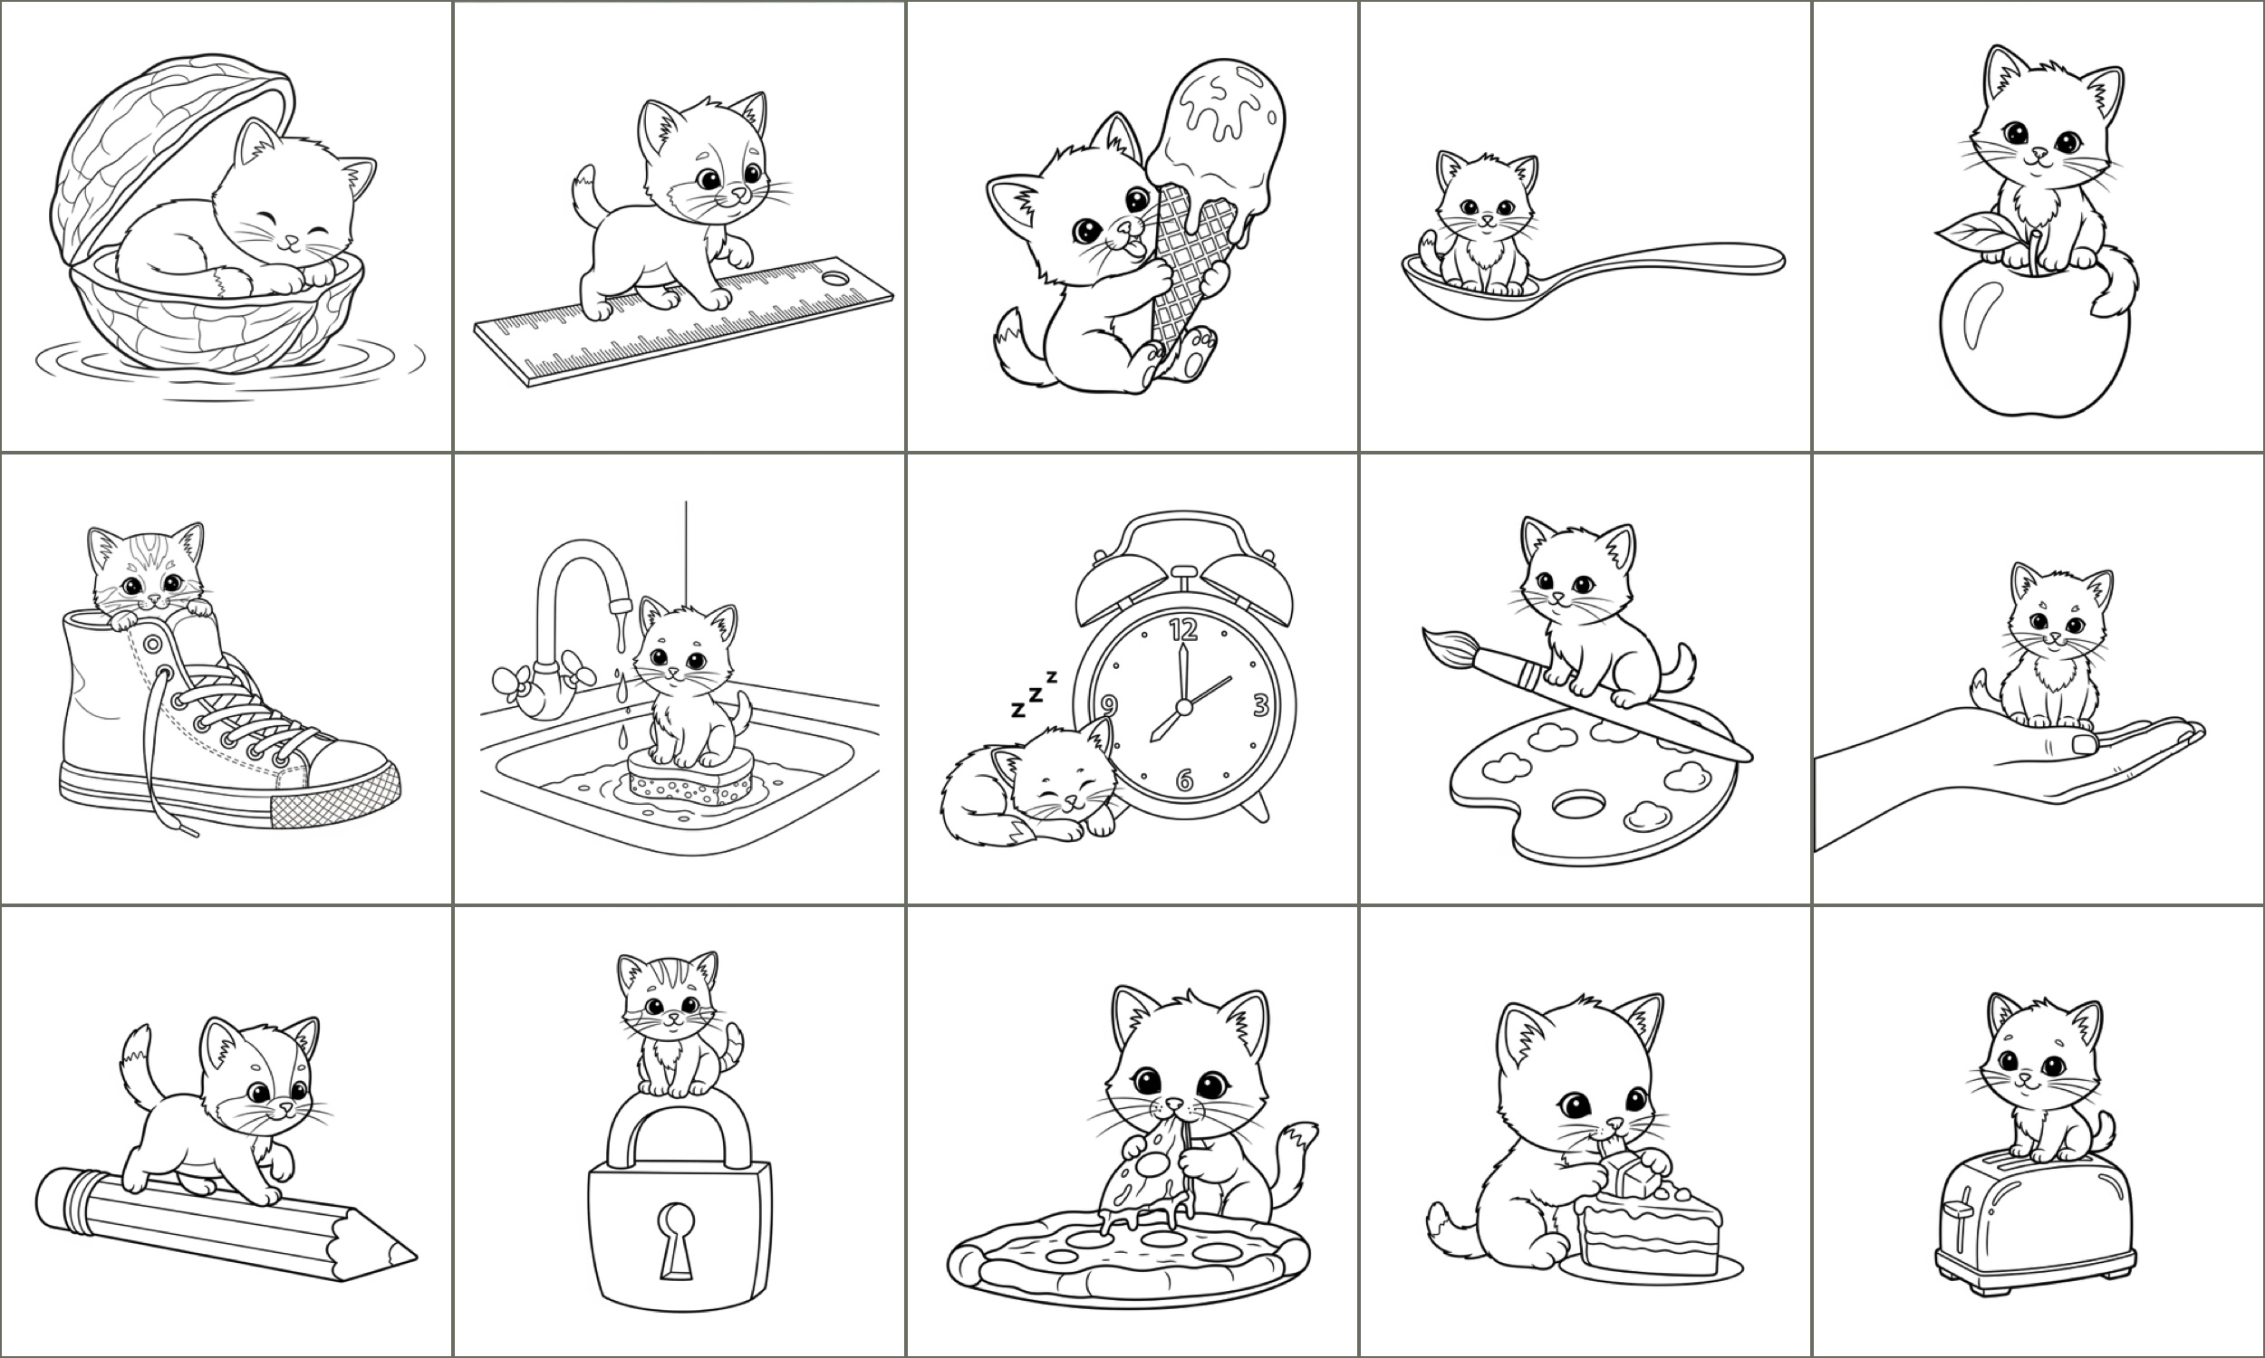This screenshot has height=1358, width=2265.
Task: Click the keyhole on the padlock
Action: coord(678,1239)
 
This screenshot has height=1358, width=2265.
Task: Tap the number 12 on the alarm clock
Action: coord(1183,628)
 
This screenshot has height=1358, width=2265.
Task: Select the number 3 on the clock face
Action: coord(1259,704)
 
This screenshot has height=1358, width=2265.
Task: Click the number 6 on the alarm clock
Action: coord(1184,779)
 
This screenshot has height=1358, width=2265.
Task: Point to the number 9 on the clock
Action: coord(1109,704)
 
